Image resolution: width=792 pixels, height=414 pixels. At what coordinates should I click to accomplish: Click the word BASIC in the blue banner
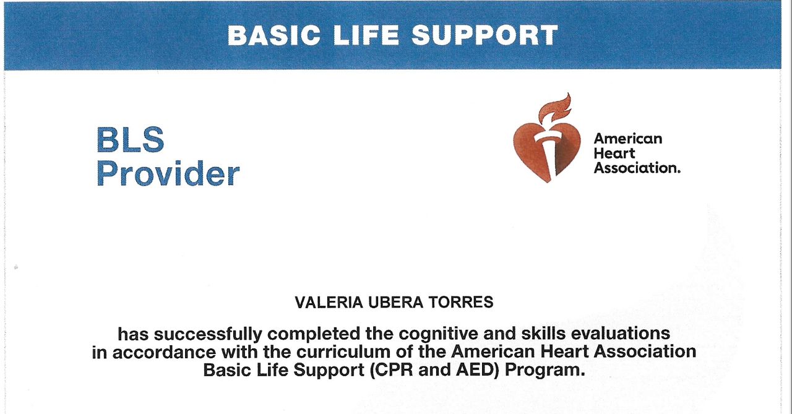[x=274, y=35]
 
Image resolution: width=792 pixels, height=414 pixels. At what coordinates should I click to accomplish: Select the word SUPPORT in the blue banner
[x=484, y=35]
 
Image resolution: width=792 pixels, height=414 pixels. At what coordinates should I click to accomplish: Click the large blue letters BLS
[x=131, y=140]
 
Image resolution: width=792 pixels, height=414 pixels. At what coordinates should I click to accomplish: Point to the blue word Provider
[x=168, y=173]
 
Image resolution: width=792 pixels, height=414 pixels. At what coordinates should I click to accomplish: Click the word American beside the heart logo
[x=628, y=139]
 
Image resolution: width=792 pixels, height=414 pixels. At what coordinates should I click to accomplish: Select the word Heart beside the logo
[x=614, y=153]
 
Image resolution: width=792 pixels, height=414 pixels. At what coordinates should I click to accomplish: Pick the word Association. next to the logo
[x=637, y=168]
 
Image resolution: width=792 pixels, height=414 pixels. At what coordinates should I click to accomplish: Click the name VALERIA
[x=329, y=302]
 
